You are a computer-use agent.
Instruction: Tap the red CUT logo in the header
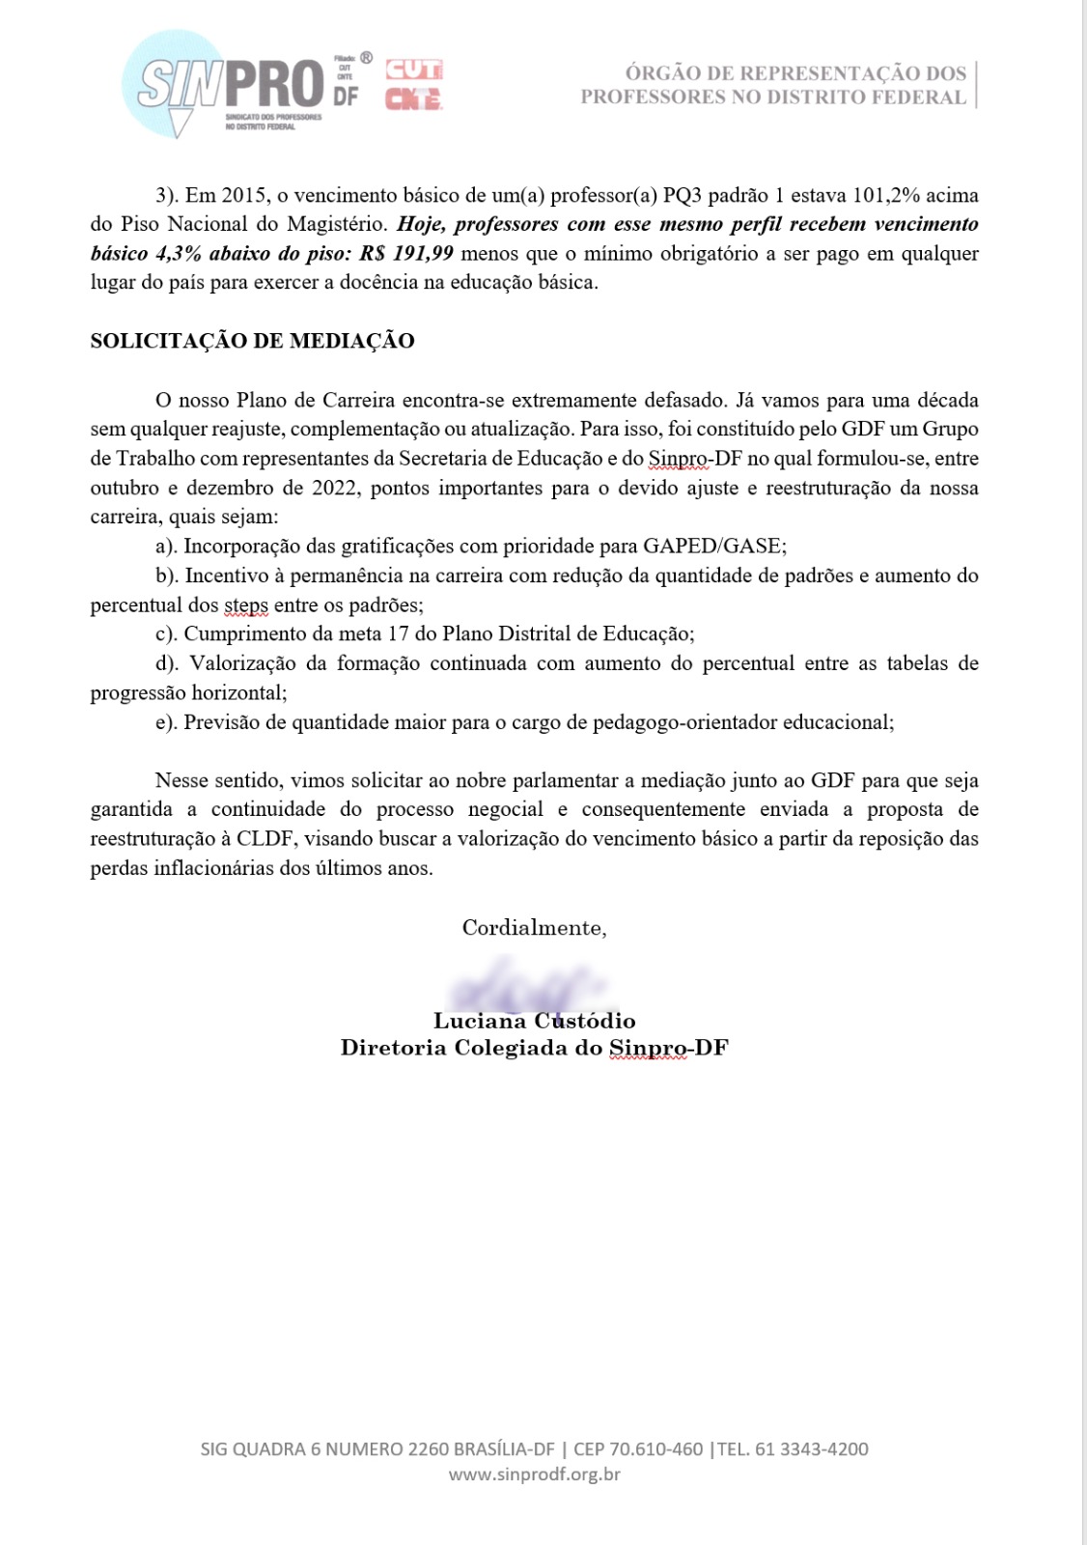[414, 70]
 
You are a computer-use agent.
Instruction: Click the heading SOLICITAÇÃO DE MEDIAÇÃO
[252, 341]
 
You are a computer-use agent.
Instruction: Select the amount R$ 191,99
[405, 254]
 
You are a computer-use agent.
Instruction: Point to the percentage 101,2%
[886, 195]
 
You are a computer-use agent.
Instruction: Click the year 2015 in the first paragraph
[245, 195]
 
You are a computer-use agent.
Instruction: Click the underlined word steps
[246, 605]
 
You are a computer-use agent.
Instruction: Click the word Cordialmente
[534, 928]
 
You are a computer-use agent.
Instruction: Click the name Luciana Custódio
[534, 1021]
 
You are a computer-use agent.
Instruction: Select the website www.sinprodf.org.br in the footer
[534, 1475]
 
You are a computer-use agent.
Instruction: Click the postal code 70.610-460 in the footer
[655, 1449]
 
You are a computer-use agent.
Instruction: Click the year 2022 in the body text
[334, 488]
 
